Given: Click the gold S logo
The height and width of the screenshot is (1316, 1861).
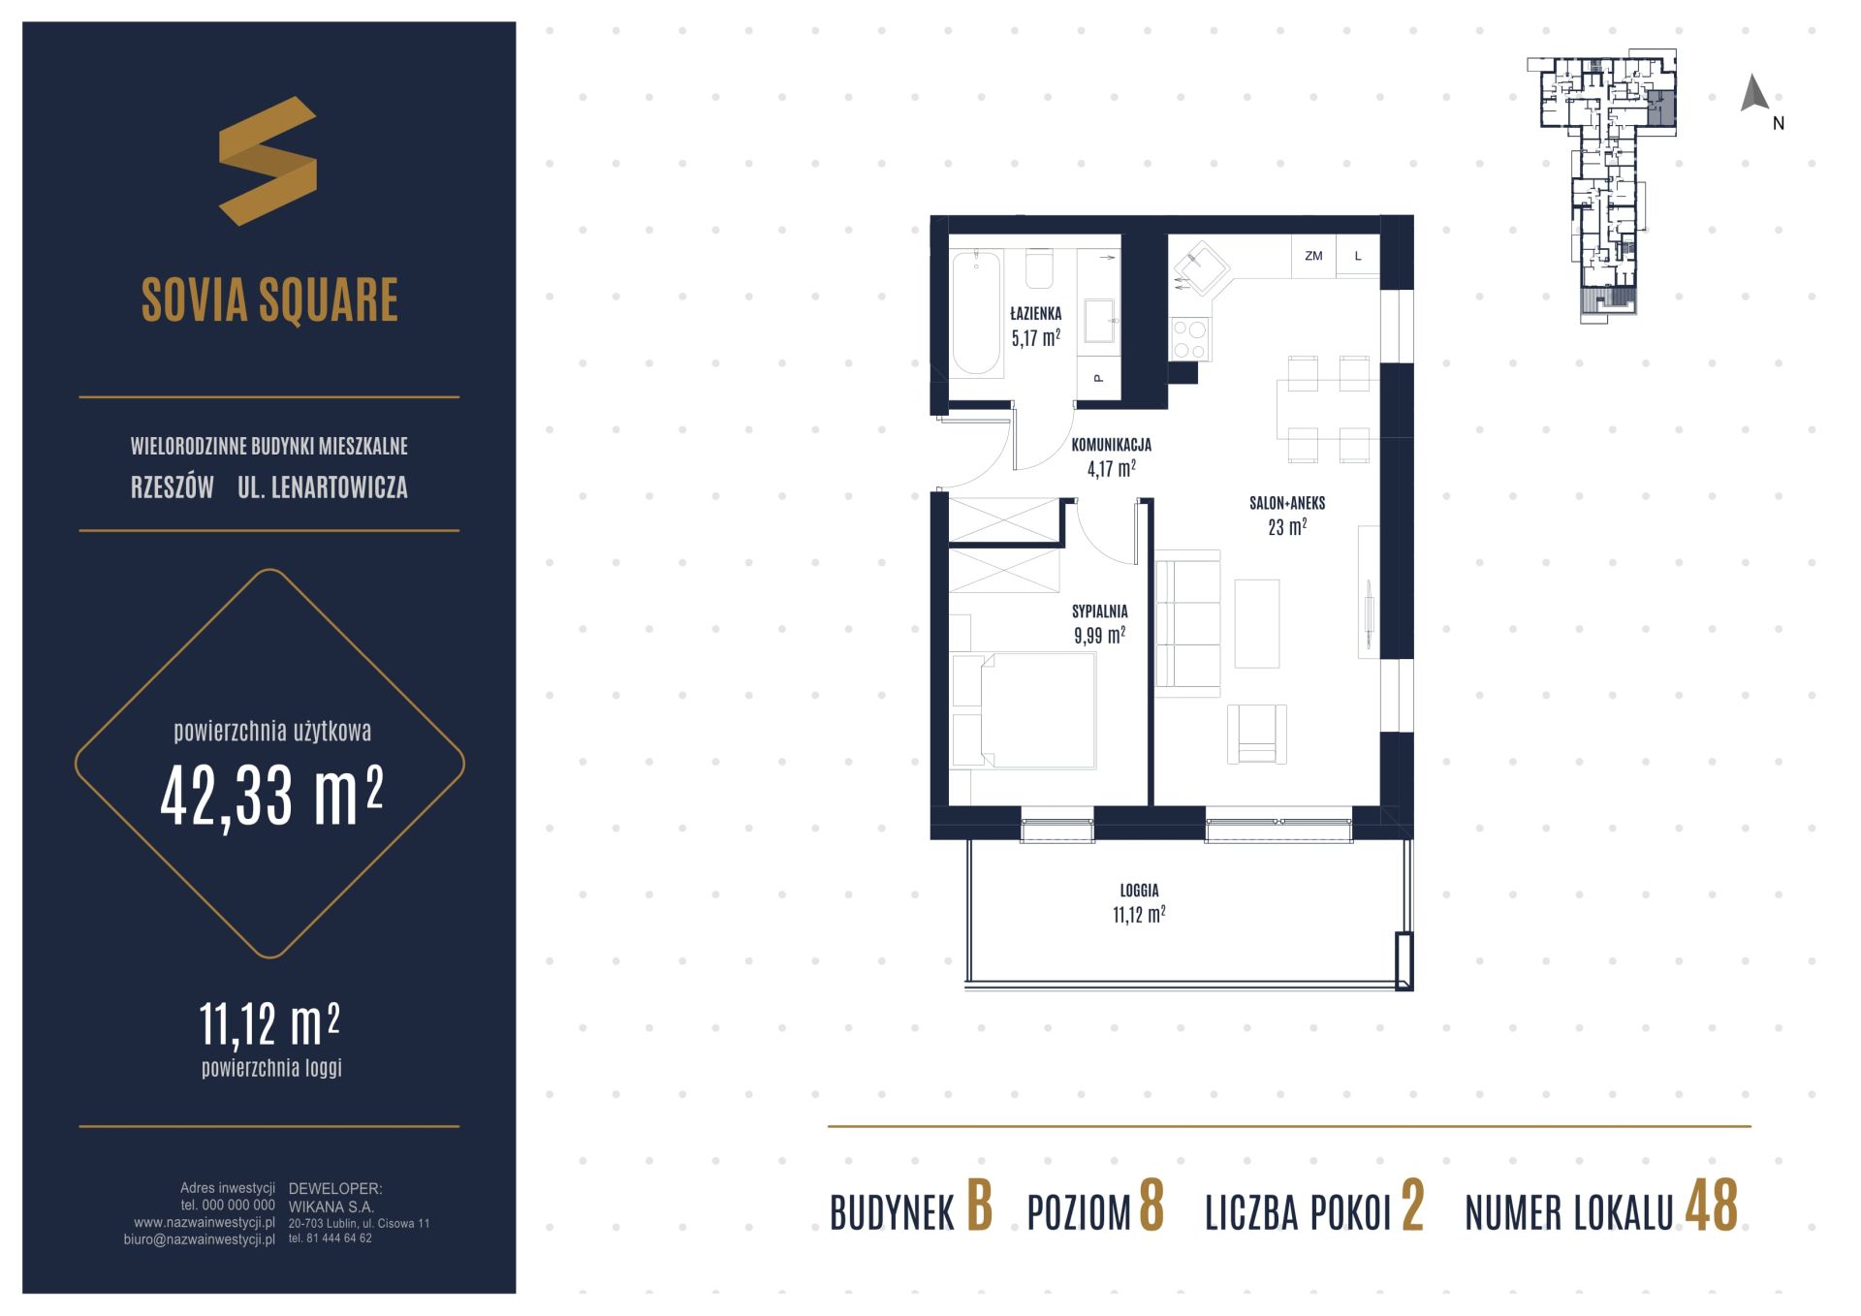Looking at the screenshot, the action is pos(268,161).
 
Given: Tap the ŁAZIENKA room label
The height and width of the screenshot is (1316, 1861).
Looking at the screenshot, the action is pos(1035,314).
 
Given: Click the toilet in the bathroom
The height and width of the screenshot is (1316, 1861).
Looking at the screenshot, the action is pos(1038,269).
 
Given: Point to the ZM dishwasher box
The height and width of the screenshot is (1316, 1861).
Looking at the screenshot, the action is pos(1313,256).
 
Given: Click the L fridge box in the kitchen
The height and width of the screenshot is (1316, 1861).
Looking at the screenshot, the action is pos(1358,256).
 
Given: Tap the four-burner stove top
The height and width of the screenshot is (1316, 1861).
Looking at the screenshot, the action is pos(1189,339).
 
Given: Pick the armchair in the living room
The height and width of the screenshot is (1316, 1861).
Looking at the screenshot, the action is pos(1256,734).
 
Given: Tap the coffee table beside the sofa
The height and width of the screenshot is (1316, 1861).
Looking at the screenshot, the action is pos(1257,623).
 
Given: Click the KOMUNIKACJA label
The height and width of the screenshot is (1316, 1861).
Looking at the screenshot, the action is pos(1111,445).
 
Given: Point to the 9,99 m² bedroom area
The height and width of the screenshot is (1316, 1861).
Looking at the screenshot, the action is pos(1099,636).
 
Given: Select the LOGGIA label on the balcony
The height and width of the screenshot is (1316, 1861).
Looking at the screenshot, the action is pos(1139,890).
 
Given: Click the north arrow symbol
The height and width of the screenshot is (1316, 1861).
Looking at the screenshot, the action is pos(1754,93).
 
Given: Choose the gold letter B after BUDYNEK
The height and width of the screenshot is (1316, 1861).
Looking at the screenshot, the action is pos(980,1206).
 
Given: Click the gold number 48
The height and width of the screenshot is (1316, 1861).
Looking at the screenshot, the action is pos(1712,1206).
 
